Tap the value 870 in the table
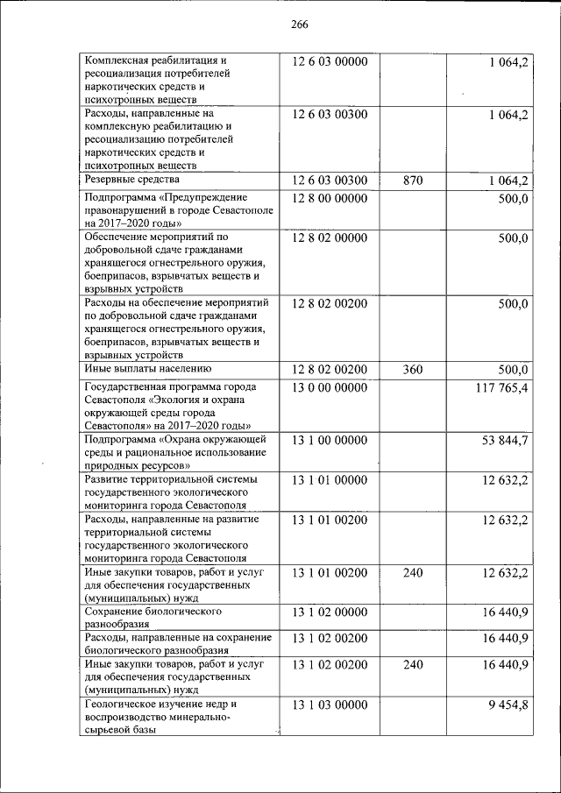[412, 181]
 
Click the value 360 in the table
[412, 370]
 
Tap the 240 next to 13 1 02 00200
[412, 664]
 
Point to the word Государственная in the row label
[128, 387]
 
